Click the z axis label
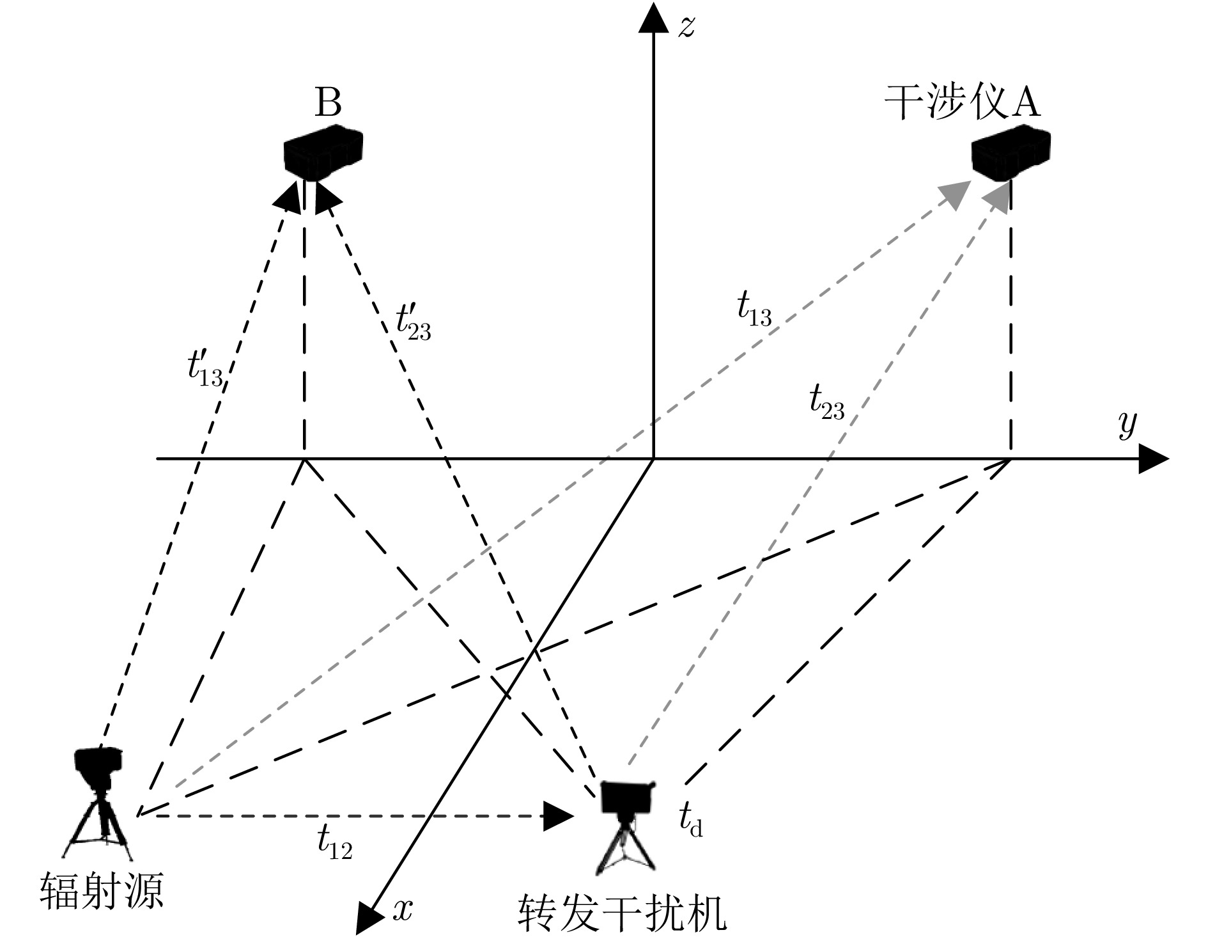pos(686,28)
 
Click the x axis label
pos(403,908)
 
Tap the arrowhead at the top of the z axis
pos(653,17)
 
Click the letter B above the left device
pos(328,103)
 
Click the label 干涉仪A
pos(962,102)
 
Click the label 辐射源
pos(102,891)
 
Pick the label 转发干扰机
pos(622,913)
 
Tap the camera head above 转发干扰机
pos(627,797)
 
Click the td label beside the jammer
pos(691,821)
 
